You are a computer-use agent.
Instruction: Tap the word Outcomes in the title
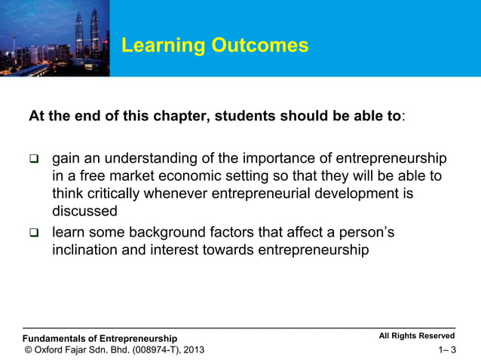pyautogui.click(x=260, y=46)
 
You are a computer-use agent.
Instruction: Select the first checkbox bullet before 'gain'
pyautogui.click(x=33, y=160)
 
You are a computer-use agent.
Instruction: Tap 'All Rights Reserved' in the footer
pyautogui.click(x=417, y=337)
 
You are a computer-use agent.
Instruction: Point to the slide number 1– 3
pyautogui.click(x=447, y=350)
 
